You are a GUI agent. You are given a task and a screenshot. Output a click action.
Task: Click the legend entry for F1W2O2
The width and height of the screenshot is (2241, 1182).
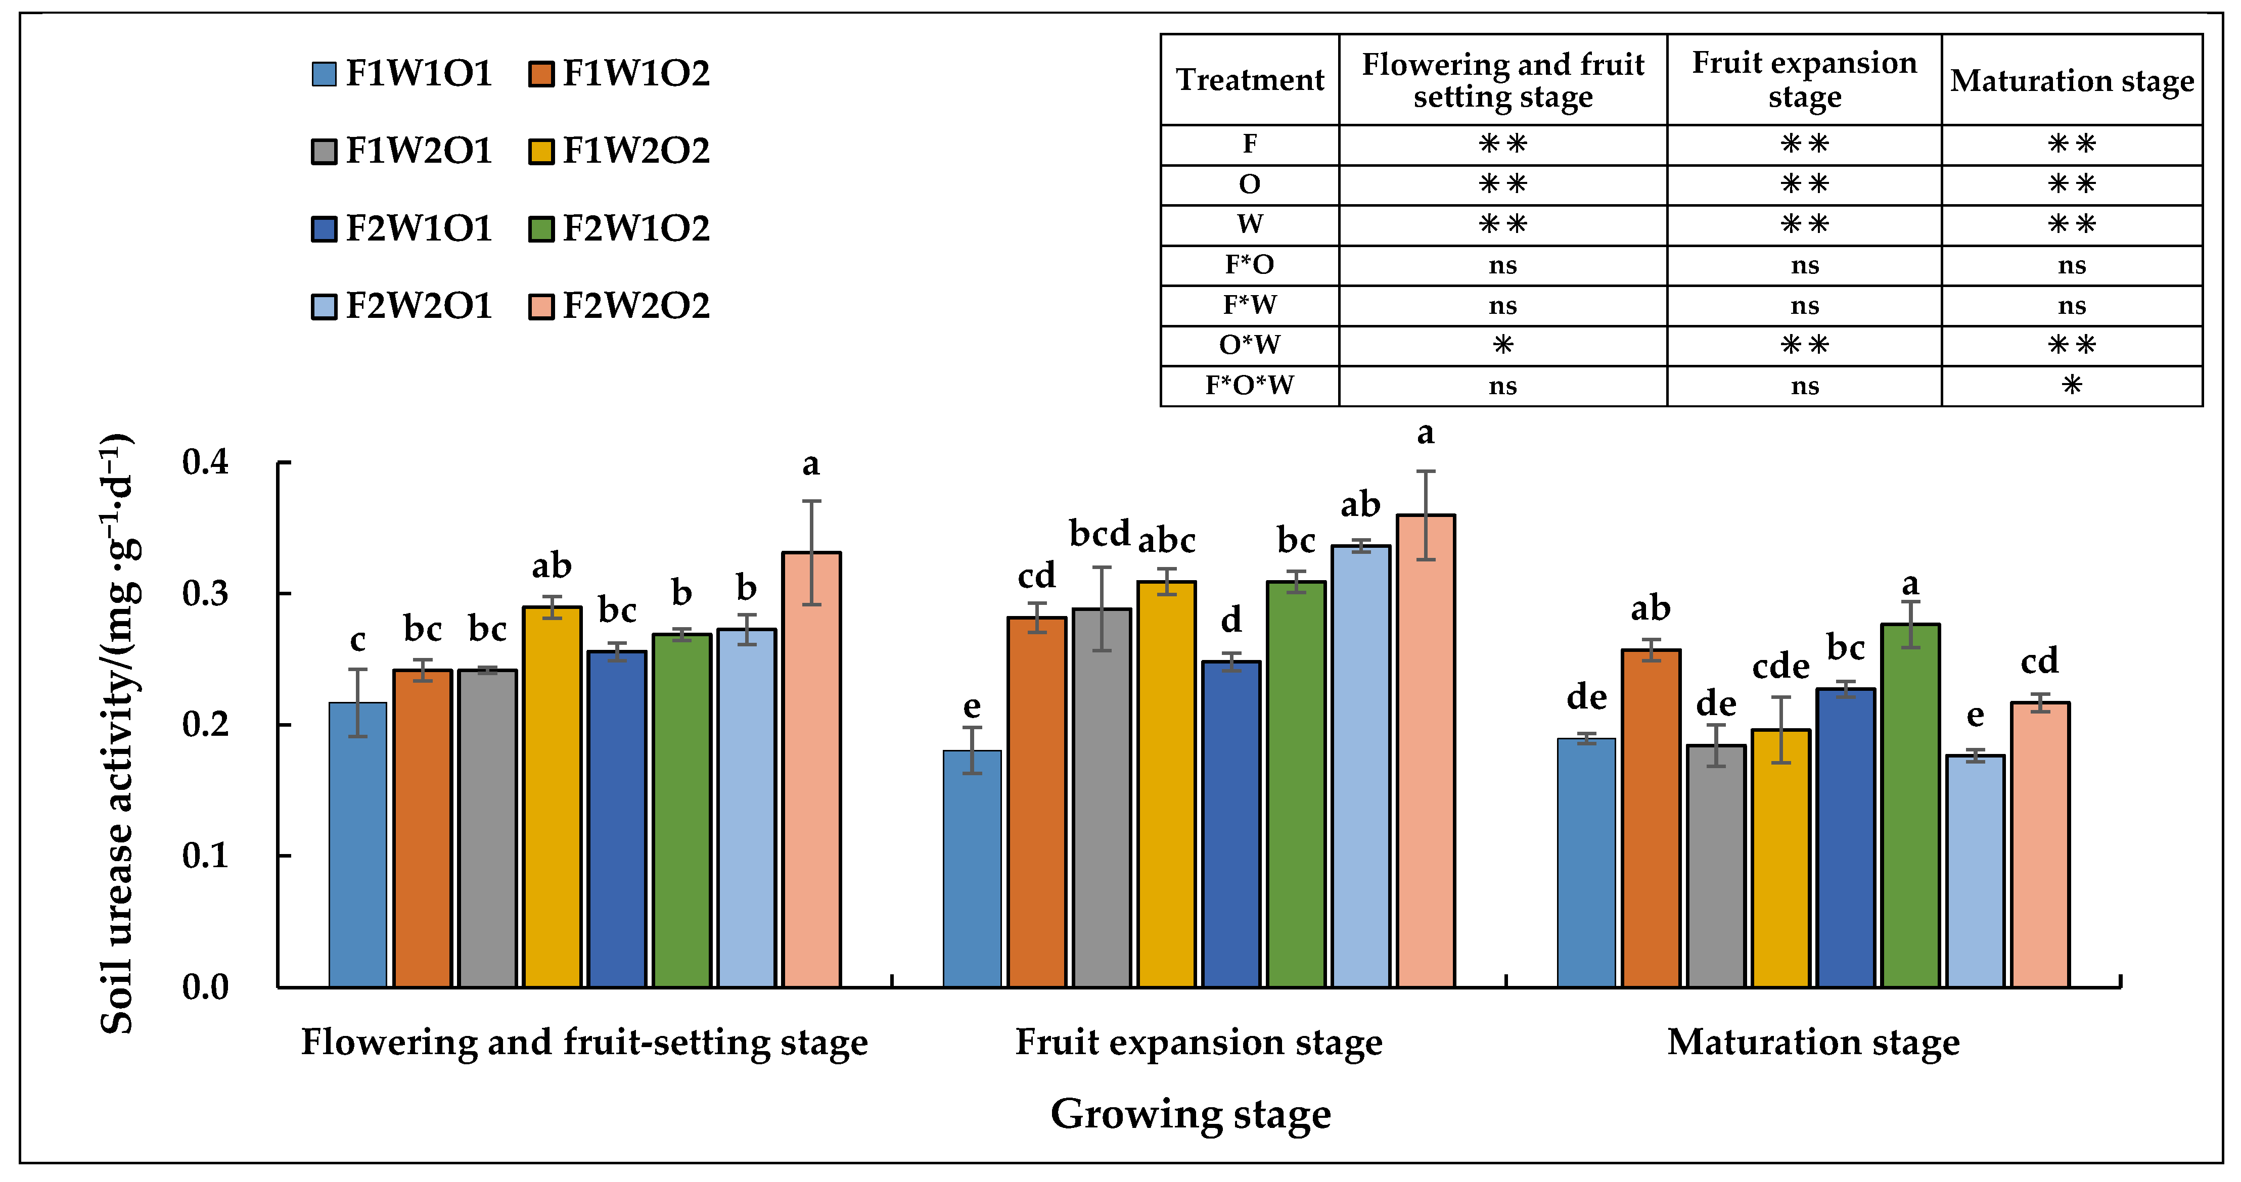tap(619, 151)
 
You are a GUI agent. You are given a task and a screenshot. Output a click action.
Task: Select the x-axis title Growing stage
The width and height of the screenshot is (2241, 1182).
tap(1190, 1114)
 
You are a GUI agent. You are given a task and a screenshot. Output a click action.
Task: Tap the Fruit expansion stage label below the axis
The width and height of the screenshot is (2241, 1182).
tap(1198, 1042)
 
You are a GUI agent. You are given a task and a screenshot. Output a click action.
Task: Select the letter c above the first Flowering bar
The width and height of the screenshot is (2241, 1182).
tap(357, 640)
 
